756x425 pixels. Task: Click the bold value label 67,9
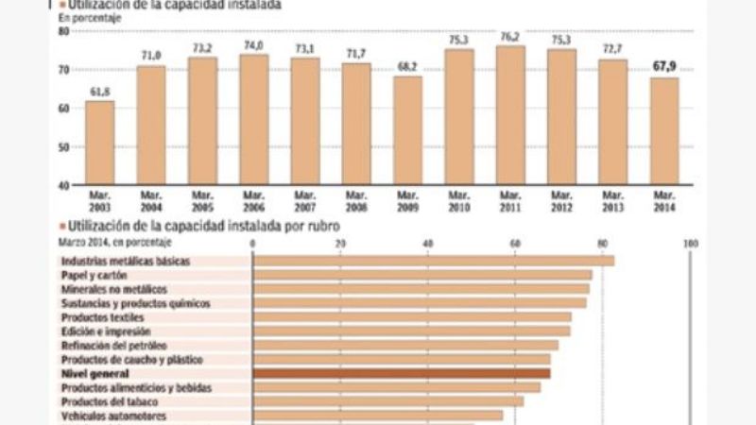[x=665, y=66]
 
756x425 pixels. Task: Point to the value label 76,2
[x=511, y=37]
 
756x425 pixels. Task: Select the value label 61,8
[x=99, y=91]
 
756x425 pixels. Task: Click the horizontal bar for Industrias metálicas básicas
[x=434, y=261]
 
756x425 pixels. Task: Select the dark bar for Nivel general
[x=402, y=374]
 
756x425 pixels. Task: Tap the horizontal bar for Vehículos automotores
[x=378, y=416]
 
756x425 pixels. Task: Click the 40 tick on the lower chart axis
[x=428, y=245]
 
